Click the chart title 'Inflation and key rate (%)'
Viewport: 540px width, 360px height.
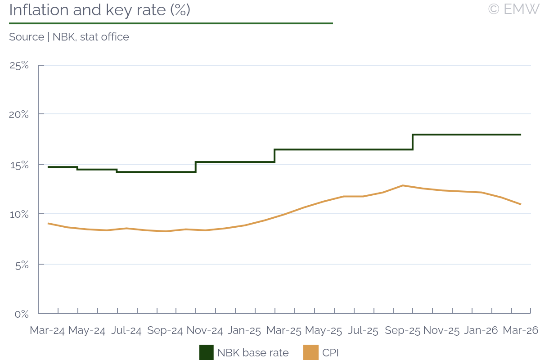coord(99,10)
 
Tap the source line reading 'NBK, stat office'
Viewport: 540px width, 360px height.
coord(69,37)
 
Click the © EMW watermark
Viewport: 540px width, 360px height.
coord(513,9)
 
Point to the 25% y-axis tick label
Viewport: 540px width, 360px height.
coord(19,66)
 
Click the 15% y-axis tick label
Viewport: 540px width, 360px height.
coord(19,165)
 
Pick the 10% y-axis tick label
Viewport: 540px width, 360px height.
coord(19,214)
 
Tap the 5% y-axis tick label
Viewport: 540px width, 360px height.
coord(21,264)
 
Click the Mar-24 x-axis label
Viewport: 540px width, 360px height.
coord(47,331)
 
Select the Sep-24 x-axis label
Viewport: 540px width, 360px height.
coord(165,331)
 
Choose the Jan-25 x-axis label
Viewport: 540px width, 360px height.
coord(244,331)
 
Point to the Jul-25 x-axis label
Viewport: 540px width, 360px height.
coord(363,331)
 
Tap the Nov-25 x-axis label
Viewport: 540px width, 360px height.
coord(441,331)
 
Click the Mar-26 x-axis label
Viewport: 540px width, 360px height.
coord(520,331)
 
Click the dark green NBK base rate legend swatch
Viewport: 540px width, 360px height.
coord(206,353)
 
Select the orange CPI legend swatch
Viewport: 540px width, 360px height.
coord(311,353)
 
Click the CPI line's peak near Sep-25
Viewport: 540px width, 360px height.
coord(403,185)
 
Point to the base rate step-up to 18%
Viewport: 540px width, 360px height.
coord(413,142)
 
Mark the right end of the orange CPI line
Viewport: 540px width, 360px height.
coord(521,204)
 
